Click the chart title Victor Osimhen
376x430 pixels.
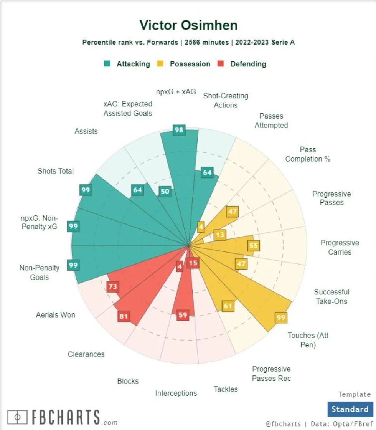coord(188,25)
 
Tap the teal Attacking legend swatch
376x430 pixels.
coord(108,64)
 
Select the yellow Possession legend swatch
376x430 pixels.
coord(161,64)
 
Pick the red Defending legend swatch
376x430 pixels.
coord(221,64)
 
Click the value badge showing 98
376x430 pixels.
coord(179,130)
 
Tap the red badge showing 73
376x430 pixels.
coord(113,286)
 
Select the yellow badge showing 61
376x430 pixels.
coord(228,306)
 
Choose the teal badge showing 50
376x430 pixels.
coord(165,192)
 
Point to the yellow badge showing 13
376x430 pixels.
coord(220,235)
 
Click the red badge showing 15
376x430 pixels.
coord(193,263)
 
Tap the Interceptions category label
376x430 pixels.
coord(176,393)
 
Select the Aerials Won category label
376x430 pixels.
coord(56,315)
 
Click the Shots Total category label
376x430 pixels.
coord(56,171)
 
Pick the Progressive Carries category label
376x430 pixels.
coord(340,247)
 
